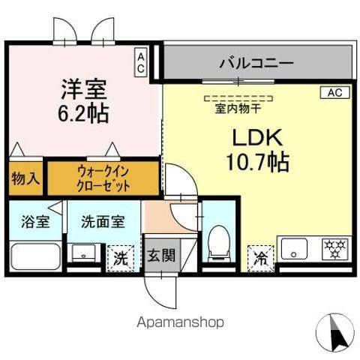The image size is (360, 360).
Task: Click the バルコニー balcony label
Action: click(256, 63)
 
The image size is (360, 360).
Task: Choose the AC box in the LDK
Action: click(334, 93)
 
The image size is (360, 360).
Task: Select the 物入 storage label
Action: click(25, 178)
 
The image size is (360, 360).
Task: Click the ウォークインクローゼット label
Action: click(103, 178)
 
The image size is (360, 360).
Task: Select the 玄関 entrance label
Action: click(160, 255)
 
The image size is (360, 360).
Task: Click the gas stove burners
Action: click(332, 247)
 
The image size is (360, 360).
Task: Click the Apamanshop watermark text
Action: click(180, 322)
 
